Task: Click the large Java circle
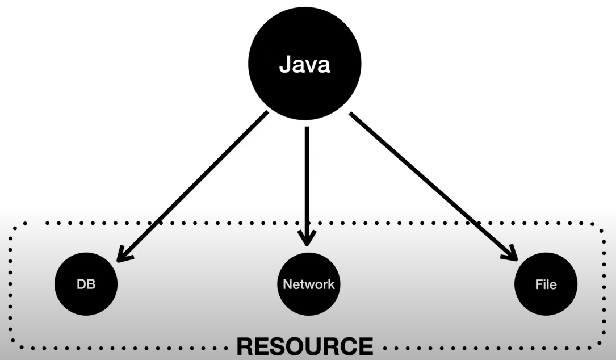click(304, 66)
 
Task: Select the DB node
click(86, 284)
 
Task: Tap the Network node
click(309, 284)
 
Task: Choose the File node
click(546, 284)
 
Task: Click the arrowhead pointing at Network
click(307, 238)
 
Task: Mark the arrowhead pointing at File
click(510, 253)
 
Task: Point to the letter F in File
click(537, 284)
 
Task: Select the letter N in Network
click(287, 284)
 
